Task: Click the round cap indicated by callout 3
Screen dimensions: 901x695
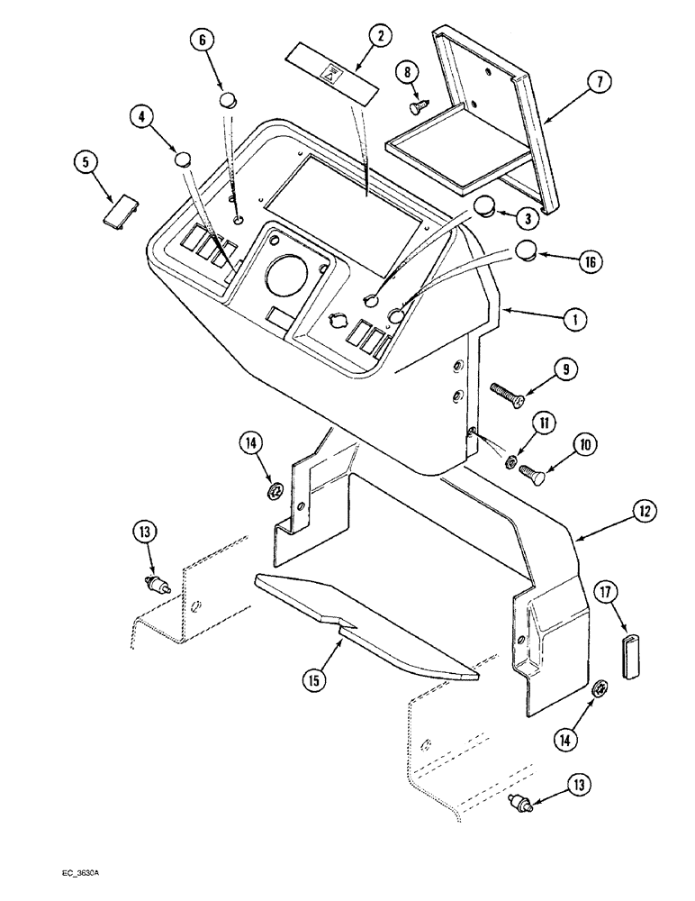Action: pyautogui.click(x=485, y=206)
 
